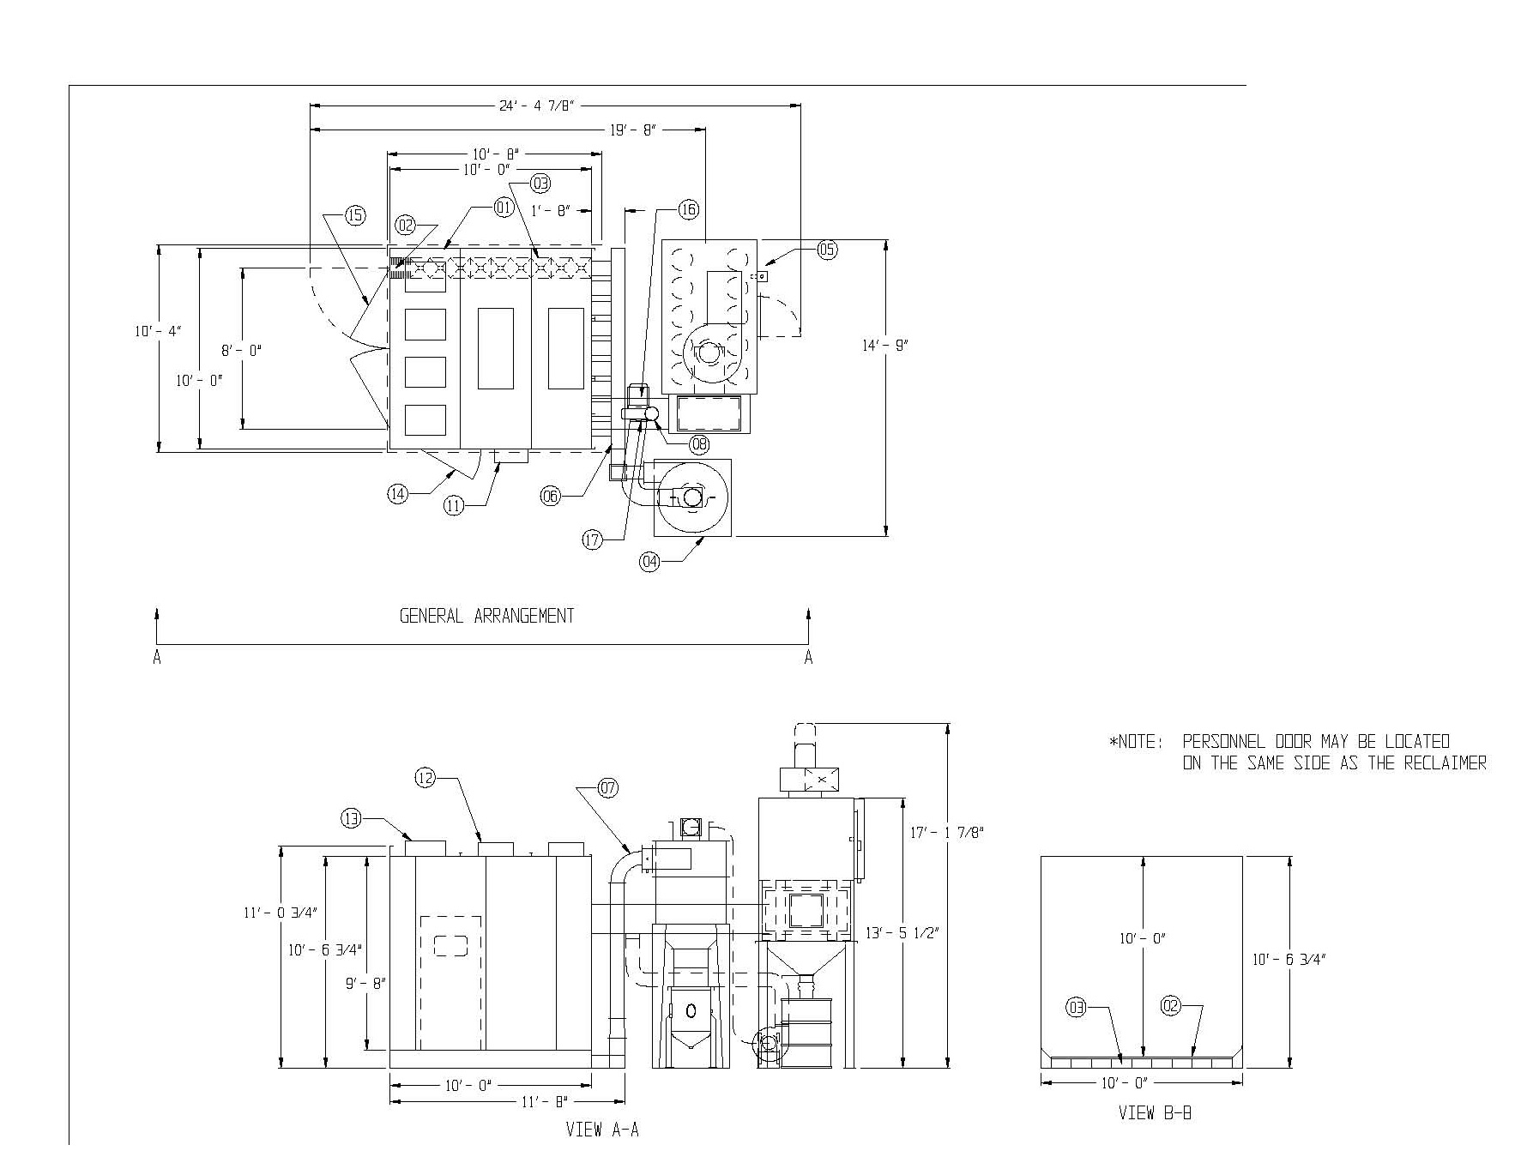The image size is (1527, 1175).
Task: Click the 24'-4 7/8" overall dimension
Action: (536, 105)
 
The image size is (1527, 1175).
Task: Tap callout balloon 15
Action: (355, 215)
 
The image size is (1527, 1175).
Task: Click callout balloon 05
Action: (827, 250)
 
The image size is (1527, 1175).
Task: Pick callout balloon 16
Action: (688, 209)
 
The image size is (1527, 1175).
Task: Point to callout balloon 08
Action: (699, 443)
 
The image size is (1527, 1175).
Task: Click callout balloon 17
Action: (593, 540)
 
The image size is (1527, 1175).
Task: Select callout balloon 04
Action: (650, 563)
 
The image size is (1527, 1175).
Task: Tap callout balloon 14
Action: (397, 494)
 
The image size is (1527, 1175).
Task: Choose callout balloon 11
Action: (454, 506)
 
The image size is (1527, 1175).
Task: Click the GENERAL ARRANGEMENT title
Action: (486, 616)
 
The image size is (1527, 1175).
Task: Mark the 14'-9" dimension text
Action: (885, 345)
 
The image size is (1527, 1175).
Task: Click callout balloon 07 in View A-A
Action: (607, 789)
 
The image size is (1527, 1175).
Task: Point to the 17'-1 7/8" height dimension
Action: (946, 832)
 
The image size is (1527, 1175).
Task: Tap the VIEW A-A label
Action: (602, 1130)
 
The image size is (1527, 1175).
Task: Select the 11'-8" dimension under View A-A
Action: (543, 1101)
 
